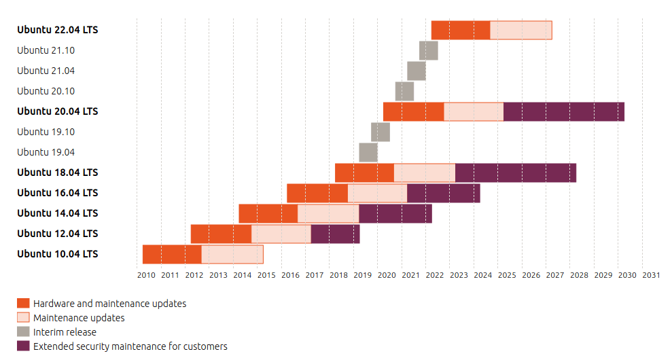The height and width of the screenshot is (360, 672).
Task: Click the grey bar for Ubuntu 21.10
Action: tap(428, 50)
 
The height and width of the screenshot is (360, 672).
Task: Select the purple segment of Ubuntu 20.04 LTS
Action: tap(563, 111)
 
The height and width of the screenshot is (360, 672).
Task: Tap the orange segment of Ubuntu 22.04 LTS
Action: tap(460, 30)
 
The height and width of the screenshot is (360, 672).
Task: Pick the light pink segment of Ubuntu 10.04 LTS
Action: tap(232, 254)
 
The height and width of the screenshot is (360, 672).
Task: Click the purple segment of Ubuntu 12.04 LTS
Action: tap(335, 234)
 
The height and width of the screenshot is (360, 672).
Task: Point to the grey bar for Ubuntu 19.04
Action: tap(368, 152)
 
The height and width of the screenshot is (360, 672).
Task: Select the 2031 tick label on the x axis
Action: tap(650, 275)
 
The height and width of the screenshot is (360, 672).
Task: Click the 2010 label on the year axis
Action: tap(146, 275)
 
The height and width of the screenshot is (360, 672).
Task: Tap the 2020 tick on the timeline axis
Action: tap(387, 275)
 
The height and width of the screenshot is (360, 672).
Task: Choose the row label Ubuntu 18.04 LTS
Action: tap(58, 173)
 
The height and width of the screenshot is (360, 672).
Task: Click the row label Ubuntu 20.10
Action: tap(46, 91)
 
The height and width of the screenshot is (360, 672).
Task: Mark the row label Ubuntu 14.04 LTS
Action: tap(58, 213)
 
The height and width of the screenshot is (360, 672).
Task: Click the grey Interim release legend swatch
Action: tap(24, 332)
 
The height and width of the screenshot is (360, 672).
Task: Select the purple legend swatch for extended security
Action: tap(24, 346)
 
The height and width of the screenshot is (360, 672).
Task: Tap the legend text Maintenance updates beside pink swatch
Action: tap(79, 318)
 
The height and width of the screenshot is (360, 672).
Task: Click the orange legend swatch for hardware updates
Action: tap(24, 304)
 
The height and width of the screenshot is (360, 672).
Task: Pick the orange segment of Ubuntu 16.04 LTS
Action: tap(317, 193)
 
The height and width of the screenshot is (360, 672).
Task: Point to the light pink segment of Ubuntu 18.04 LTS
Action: tap(424, 173)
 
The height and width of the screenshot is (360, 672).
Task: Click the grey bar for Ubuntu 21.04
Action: tap(417, 71)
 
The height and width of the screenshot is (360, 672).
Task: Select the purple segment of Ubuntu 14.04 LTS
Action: tap(395, 213)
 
